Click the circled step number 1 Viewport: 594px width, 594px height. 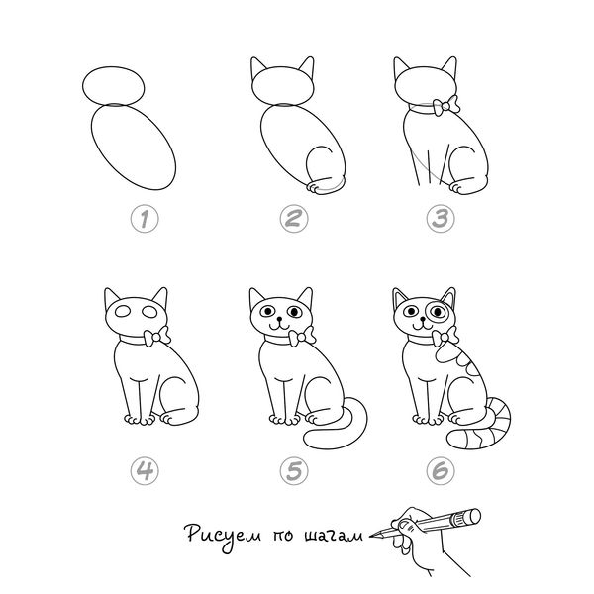coord(145,219)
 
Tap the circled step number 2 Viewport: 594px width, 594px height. coord(294,219)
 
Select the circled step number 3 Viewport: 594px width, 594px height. coord(441,219)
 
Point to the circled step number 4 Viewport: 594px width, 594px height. coord(145,471)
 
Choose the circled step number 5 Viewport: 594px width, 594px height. coord(294,471)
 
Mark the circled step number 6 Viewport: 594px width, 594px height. coord(441,471)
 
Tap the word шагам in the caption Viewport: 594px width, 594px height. coord(334,536)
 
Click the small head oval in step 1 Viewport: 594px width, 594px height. coord(113,86)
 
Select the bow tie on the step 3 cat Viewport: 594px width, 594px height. coord(446,106)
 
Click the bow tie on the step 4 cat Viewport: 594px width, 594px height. coord(156,336)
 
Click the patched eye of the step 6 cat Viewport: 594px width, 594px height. coord(438,312)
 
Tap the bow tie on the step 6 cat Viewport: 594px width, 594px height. coord(445,336)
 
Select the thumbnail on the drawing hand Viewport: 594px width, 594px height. coord(406,526)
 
